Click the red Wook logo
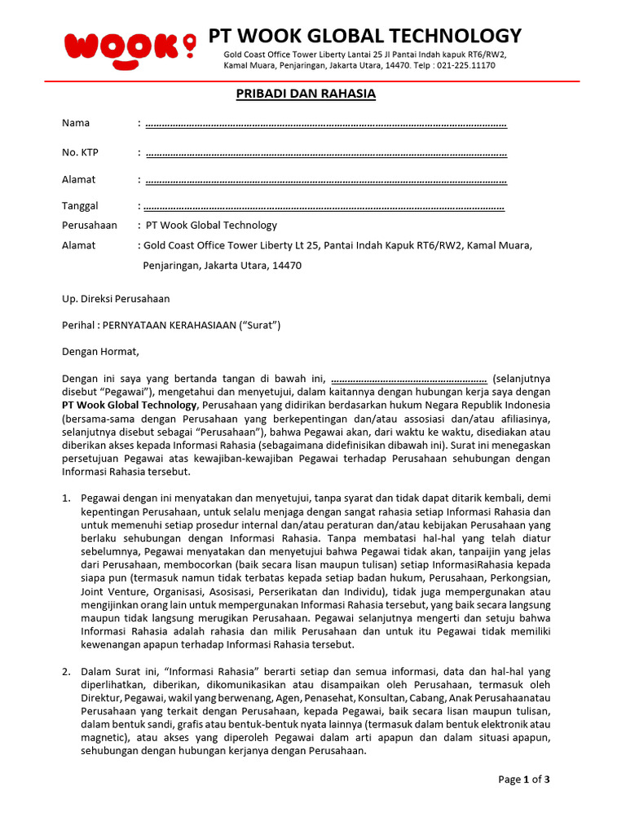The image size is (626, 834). click(x=122, y=46)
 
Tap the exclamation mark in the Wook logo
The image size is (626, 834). click(x=190, y=46)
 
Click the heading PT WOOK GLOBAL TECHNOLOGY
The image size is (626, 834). click(x=364, y=36)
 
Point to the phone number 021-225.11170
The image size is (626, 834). click(x=465, y=65)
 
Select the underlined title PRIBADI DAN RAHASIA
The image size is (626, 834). click(x=306, y=94)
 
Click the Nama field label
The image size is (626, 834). click(x=76, y=123)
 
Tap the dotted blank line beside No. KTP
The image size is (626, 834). click(x=325, y=152)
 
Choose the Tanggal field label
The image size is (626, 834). click(x=80, y=206)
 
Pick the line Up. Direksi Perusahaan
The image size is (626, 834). click(x=116, y=299)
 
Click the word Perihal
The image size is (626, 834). click(x=79, y=325)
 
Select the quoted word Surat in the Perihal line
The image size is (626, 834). click(x=259, y=325)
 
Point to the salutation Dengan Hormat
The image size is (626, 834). click(x=101, y=352)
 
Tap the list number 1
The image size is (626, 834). click(x=67, y=498)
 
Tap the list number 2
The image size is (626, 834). click(x=67, y=672)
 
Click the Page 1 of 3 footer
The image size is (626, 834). click(x=524, y=779)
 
